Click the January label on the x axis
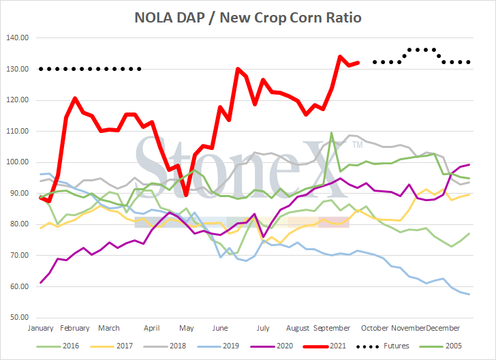pos(41,328)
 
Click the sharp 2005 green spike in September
pos(331,134)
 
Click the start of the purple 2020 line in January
pos(42,282)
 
